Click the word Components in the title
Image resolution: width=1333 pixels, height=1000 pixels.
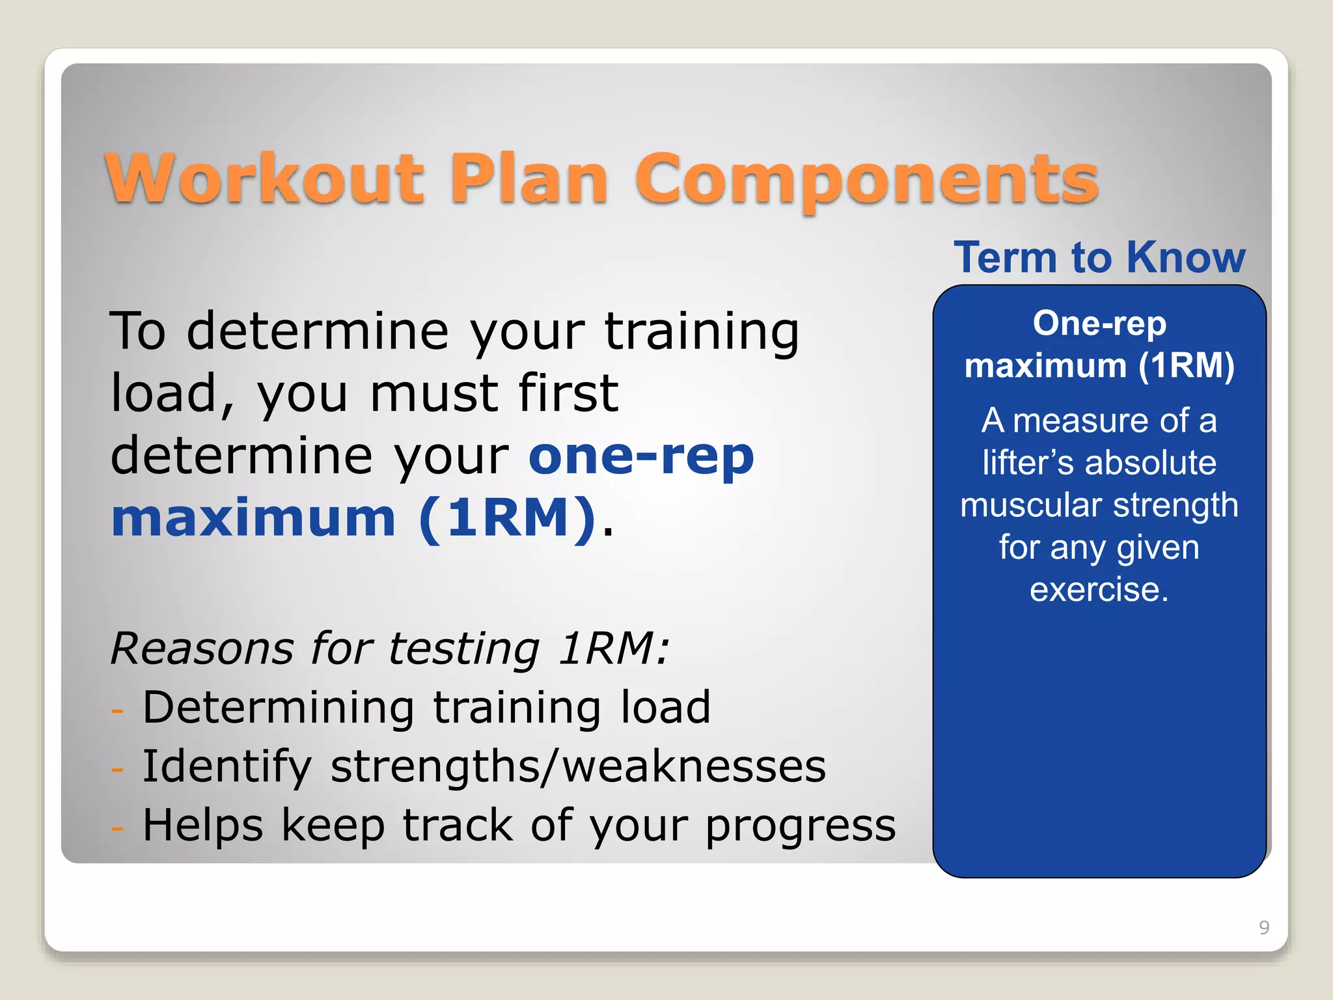click(866, 180)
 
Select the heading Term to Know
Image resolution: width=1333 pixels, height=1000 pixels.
click(1099, 257)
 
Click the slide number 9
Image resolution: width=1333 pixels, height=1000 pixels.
click(1264, 927)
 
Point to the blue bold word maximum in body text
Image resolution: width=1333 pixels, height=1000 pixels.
click(253, 518)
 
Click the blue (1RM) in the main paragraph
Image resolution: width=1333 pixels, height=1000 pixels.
click(507, 518)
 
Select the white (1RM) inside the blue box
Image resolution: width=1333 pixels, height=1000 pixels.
click(1186, 365)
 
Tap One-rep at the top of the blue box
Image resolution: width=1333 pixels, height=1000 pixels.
click(1099, 324)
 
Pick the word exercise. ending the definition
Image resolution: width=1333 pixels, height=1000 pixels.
click(1099, 589)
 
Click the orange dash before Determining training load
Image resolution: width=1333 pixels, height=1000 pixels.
click(118, 710)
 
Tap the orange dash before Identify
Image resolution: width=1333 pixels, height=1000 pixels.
click(118, 769)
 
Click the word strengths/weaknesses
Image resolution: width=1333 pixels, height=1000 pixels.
click(578, 766)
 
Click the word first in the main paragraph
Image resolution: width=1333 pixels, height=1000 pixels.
click(568, 393)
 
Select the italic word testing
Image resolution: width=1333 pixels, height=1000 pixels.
click(464, 650)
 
